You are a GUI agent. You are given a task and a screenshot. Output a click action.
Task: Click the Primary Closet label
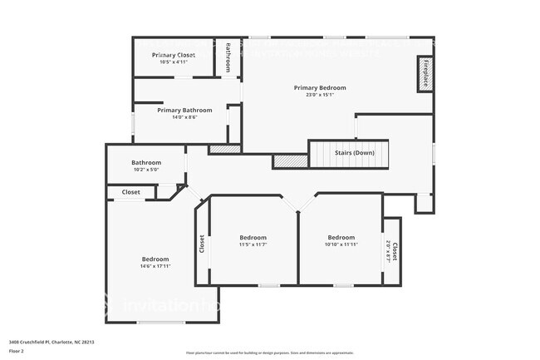pos(174,55)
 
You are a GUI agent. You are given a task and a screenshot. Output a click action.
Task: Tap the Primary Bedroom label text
pos(320,87)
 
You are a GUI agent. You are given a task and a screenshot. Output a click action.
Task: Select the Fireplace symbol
pos(425,73)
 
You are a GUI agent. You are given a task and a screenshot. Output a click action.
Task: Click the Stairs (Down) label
pos(353,153)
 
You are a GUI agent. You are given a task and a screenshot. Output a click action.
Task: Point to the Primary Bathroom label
pos(184,110)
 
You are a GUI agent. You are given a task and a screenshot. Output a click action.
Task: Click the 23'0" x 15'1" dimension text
pos(320,94)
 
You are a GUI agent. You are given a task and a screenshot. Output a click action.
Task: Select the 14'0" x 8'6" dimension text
pos(184,117)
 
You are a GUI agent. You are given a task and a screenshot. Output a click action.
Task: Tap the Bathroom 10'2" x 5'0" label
pos(146,162)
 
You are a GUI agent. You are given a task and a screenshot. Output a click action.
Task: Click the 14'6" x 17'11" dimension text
pos(155,266)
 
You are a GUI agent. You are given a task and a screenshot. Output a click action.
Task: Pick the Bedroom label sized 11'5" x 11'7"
pos(253,237)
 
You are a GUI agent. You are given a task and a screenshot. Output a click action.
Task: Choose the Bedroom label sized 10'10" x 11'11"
pos(341,237)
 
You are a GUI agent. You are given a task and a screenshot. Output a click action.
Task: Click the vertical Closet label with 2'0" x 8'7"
pos(392,252)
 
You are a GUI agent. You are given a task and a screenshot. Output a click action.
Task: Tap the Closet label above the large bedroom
pos(131,192)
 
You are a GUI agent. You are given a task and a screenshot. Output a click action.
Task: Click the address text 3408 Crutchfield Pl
pos(52,342)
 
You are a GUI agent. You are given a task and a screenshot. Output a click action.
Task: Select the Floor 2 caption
pos(17,351)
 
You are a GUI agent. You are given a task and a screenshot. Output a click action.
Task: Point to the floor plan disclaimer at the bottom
pos(269,353)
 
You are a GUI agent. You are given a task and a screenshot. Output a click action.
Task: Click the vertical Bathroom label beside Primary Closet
pos(228,57)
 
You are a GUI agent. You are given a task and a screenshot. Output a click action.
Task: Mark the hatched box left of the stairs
pos(290,160)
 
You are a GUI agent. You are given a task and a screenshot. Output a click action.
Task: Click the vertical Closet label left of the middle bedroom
pos(202,243)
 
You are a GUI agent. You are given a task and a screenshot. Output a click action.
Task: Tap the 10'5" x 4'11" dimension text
pos(174,62)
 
